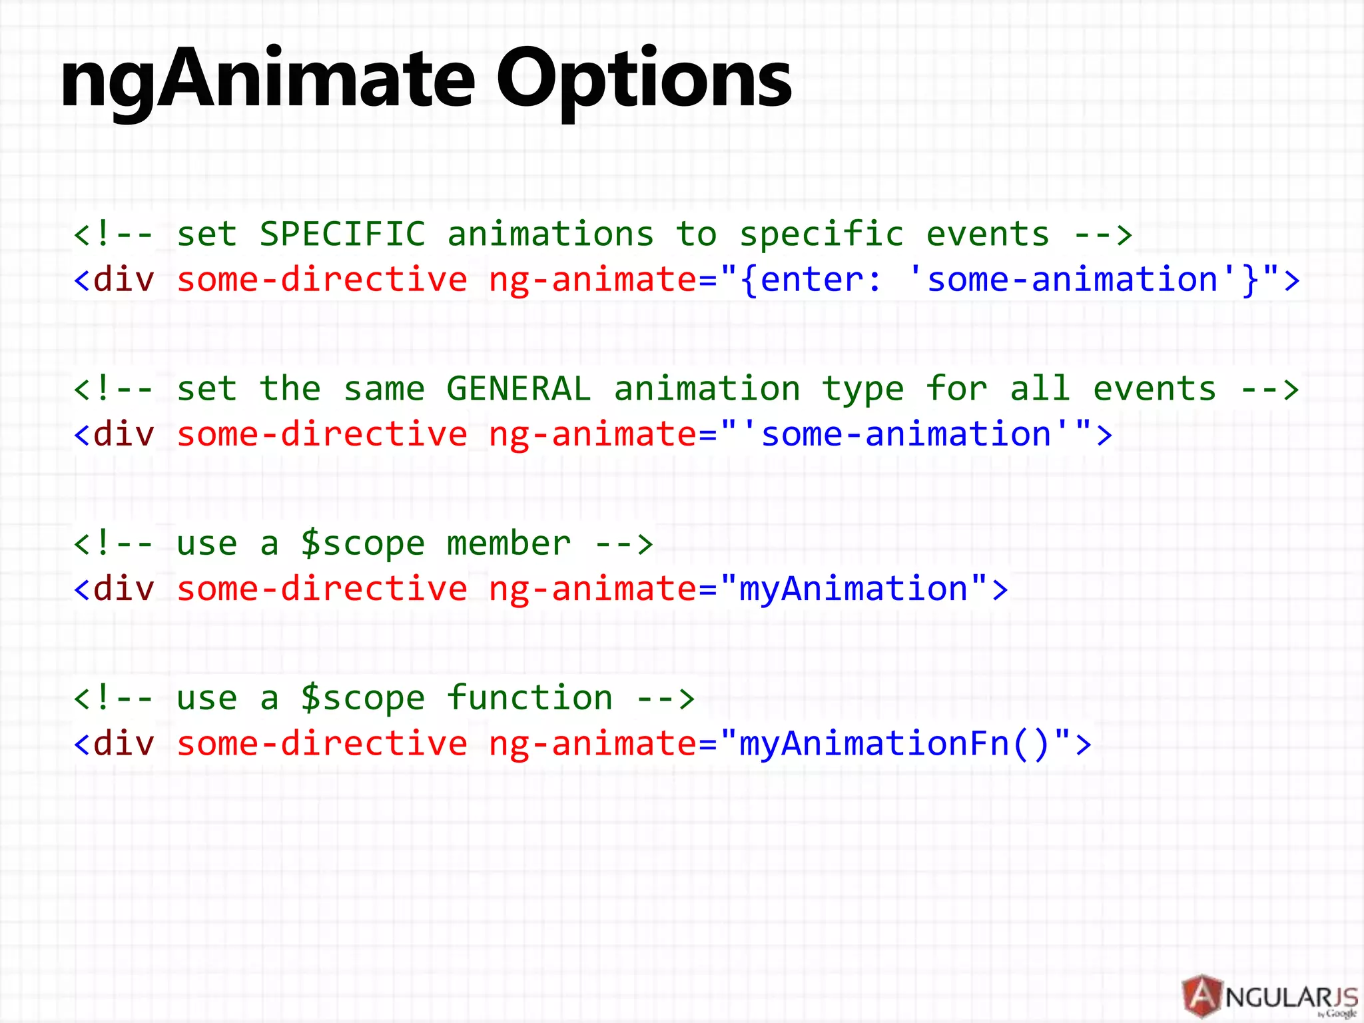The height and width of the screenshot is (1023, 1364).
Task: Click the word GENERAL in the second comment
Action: click(x=519, y=389)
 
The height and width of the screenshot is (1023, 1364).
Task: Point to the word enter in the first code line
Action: click(x=812, y=280)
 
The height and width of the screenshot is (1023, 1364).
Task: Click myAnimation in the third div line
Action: click(x=853, y=589)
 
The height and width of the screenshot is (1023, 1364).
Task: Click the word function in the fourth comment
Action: click(x=529, y=698)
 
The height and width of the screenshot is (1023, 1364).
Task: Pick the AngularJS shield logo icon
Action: click(x=1202, y=996)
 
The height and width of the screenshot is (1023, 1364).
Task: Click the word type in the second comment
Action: click(x=862, y=389)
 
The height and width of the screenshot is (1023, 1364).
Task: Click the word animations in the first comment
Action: click(x=550, y=234)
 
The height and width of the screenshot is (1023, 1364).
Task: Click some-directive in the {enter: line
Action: click(x=322, y=280)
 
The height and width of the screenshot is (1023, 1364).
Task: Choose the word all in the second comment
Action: click(x=1040, y=389)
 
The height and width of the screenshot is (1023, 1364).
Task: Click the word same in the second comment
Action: click(x=384, y=389)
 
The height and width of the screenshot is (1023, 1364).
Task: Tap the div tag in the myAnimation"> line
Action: click(x=124, y=589)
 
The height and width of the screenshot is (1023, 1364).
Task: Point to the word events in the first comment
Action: click(x=988, y=234)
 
